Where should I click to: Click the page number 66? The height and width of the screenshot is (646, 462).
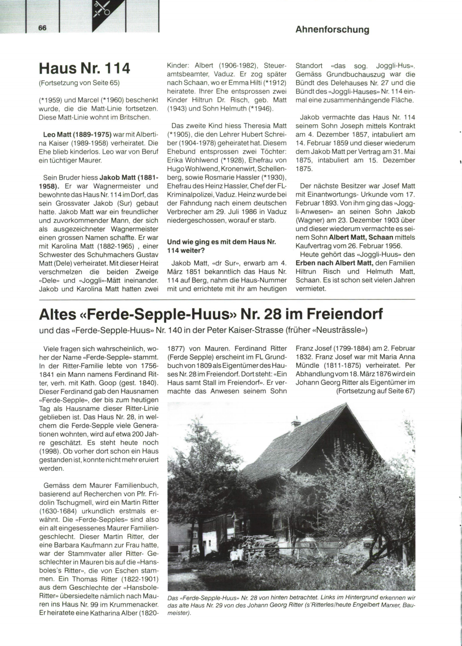coord(42,28)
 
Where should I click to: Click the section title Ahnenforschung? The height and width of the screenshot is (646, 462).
coord(332,30)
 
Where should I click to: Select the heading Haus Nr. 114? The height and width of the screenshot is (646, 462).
coord(85,68)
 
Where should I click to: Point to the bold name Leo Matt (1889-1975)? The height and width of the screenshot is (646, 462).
coord(77,134)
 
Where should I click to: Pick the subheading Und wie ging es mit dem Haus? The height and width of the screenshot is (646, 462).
coord(221,242)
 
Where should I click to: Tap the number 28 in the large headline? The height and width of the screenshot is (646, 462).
coord(271,314)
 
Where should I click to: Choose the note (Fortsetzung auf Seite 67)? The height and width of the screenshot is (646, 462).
coord(375,391)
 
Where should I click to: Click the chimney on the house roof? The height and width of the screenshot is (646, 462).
coord(296,422)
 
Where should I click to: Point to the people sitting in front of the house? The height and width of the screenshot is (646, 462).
coord(236,554)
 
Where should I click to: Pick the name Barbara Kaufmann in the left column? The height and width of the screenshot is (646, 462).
coord(78,545)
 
